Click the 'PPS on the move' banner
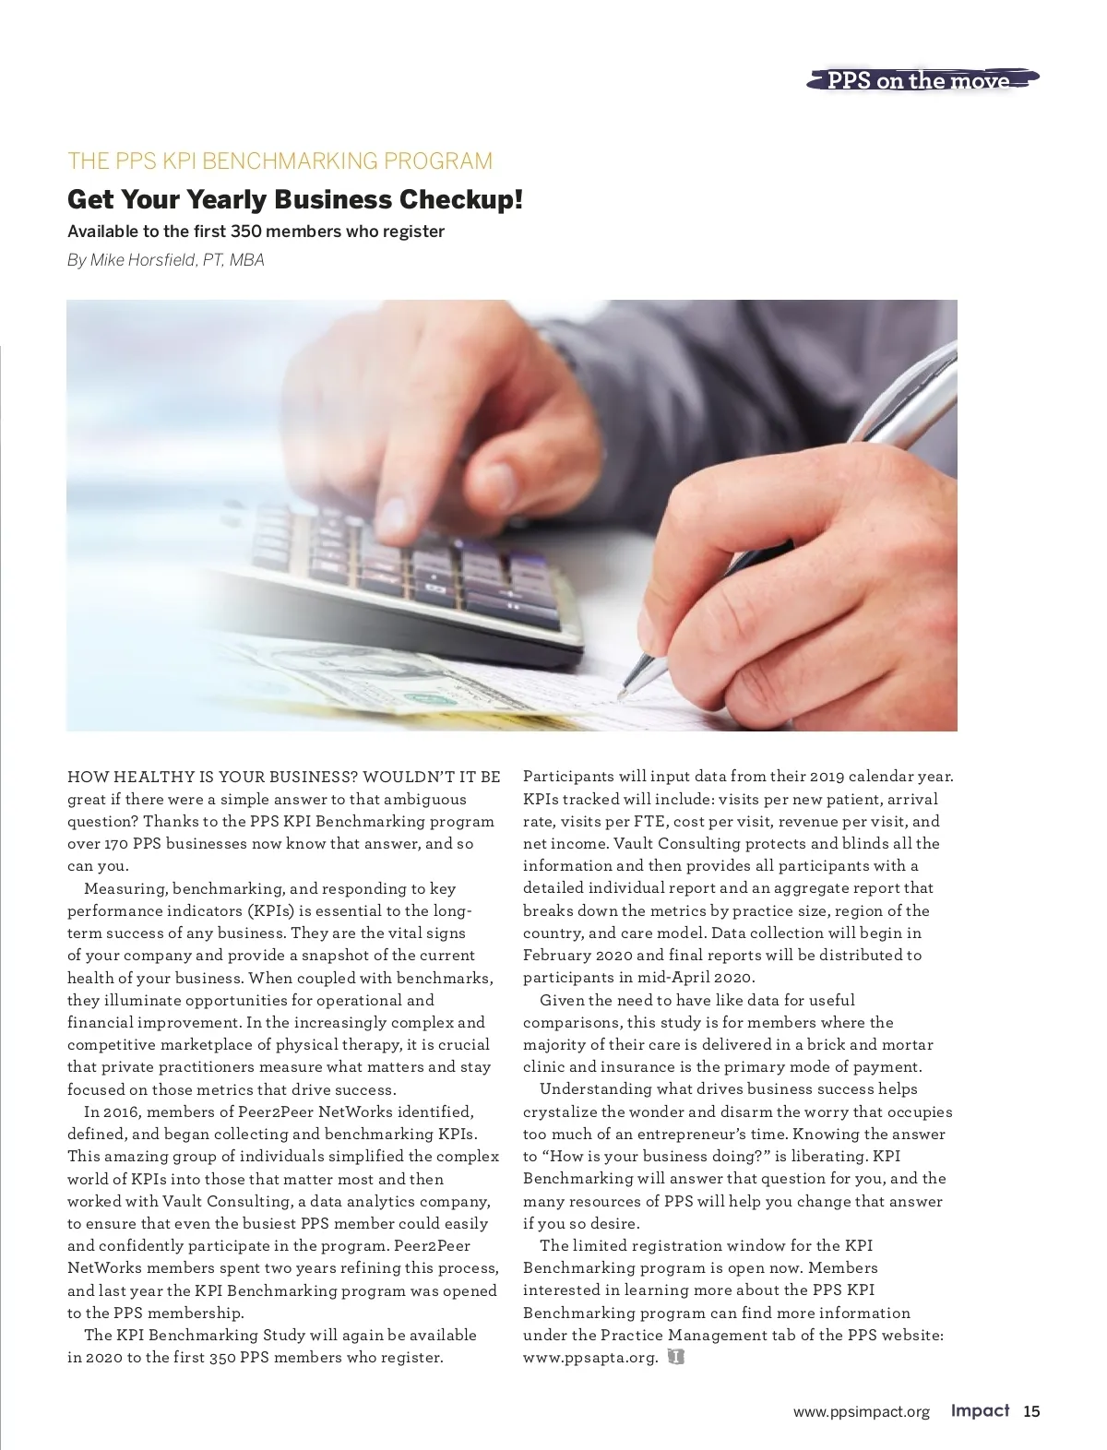[919, 81]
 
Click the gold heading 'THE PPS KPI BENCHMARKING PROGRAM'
[280, 161]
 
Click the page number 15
[1031, 1411]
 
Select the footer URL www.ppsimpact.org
[861, 1412]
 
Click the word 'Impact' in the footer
[981, 1411]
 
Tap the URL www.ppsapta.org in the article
[590, 1358]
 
